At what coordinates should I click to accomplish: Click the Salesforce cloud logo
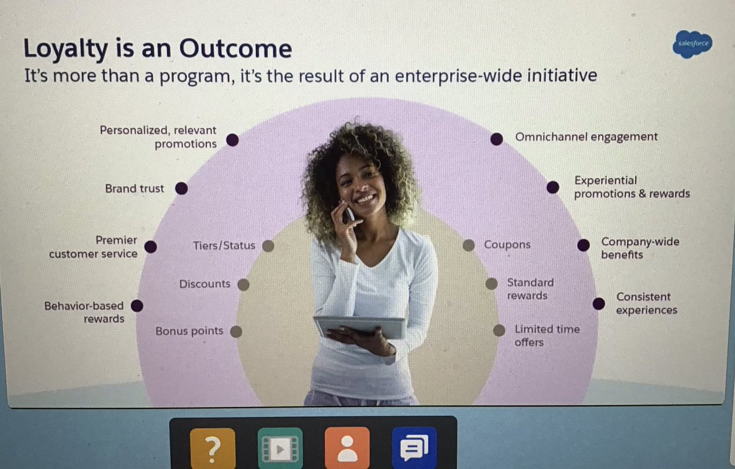pyautogui.click(x=693, y=44)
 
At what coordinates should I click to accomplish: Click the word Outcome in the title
pyautogui.click(x=235, y=49)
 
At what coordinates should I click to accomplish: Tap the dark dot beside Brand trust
pyautogui.click(x=181, y=189)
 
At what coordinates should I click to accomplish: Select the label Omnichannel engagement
pyautogui.click(x=586, y=137)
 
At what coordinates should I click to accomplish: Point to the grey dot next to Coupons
pyautogui.click(x=469, y=245)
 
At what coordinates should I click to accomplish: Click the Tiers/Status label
pyautogui.click(x=224, y=246)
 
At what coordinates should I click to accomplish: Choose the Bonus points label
pyautogui.click(x=189, y=331)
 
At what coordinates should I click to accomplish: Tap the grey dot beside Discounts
pyautogui.click(x=243, y=284)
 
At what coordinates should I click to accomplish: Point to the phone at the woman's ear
pyautogui.click(x=348, y=213)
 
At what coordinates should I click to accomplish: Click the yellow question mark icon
pyautogui.click(x=212, y=448)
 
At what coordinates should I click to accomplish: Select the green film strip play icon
pyautogui.click(x=280, y=448)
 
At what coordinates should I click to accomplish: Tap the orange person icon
pyautogui.click(x=347, y=448)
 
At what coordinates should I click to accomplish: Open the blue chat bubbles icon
pyautogui.click(x=414, y=448)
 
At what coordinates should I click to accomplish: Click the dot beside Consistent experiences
pyautogui.click(x=598, y=303)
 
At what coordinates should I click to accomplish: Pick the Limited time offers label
pyautogui.click(x=546, y=335)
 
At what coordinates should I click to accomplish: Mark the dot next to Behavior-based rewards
pyautogui.click(x=138, y=305)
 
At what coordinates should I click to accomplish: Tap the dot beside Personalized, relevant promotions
pyautogui.click(x=232, y=140)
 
